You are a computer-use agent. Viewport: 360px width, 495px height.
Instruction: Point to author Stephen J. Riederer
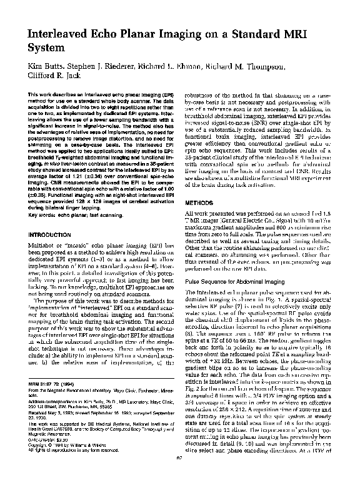point(102,67)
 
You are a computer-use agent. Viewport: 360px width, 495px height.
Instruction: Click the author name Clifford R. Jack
point(54,77)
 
